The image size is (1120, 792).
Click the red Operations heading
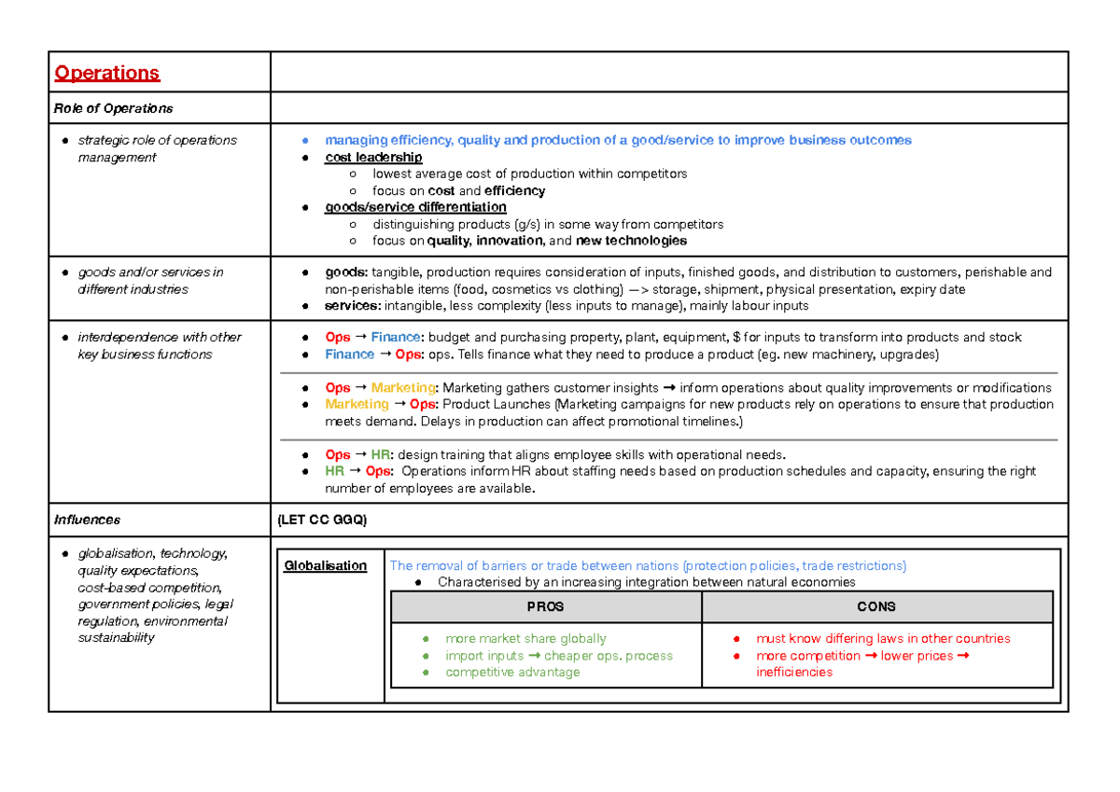(x=107, y=73)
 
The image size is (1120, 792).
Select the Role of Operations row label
(x=113, y=108)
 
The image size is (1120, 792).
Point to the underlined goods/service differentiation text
(x=415, y=207)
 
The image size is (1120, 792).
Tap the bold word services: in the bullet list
(x=353, y=306)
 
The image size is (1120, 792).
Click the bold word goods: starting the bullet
(x=346, y=272)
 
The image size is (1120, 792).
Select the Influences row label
(x=88, y=520)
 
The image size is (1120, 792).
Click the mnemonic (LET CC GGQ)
(x=323, y=520)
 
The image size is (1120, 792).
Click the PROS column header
(x=545, y=606)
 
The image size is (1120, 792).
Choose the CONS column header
(x=875, y=606)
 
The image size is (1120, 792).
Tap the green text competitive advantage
(x=512, y=672)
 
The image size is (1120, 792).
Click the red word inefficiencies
(x=794, y=672)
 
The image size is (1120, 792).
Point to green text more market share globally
(x=525, y=639)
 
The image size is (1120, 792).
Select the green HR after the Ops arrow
(x=381, y=454)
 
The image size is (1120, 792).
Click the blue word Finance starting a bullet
(x=349, y=354)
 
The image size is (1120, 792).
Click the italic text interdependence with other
(x=159, y=337)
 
